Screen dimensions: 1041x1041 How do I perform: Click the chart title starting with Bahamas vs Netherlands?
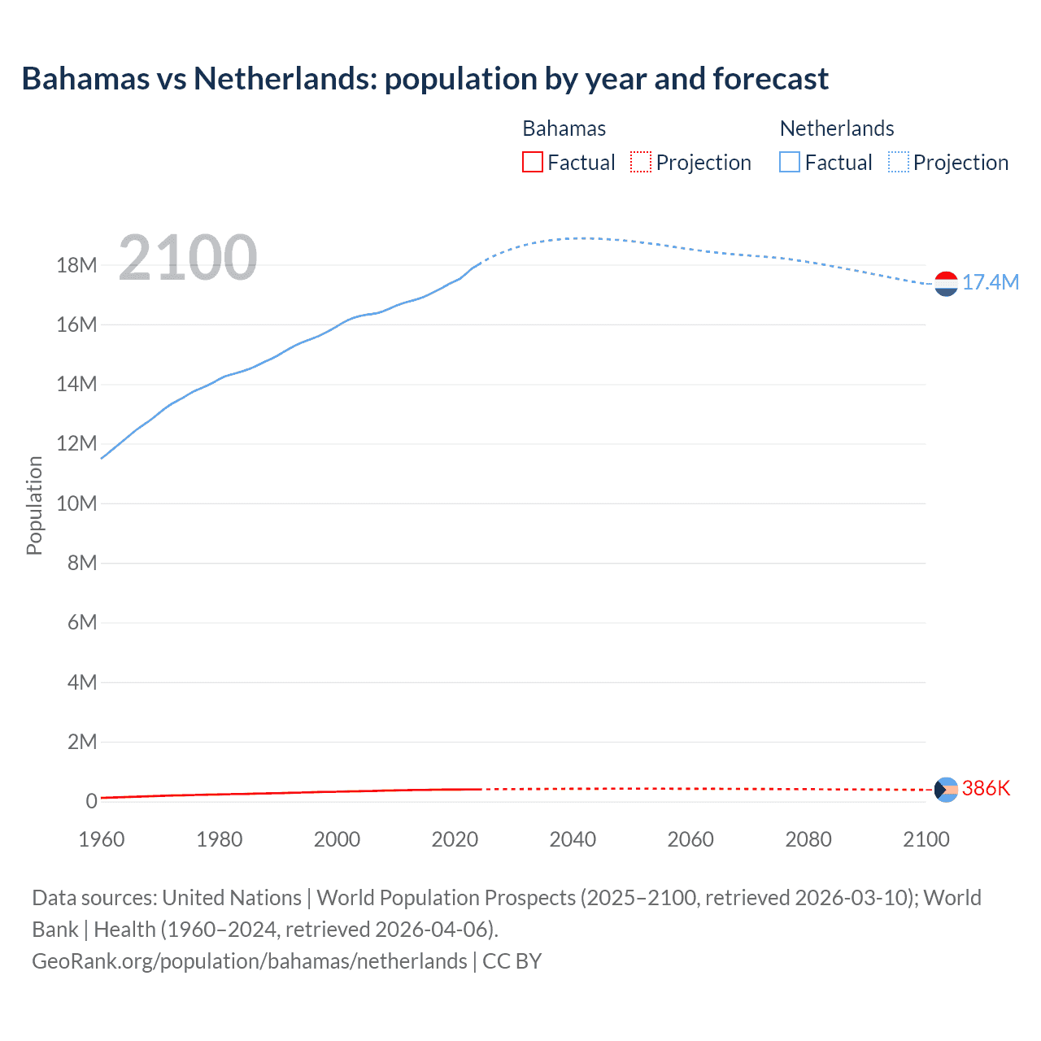coord(425,79)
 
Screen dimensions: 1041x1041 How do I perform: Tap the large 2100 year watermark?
coord(188,258)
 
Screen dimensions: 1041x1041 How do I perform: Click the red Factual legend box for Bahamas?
coord(533,163)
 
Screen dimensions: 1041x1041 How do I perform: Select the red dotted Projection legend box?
coord(641,163)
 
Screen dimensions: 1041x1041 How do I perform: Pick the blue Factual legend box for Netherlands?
coord(790,163)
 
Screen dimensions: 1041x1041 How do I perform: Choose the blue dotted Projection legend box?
coord(899,163)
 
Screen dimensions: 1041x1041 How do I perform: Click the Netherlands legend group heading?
coord(837,128)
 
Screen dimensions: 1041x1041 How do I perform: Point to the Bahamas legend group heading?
coord(564,128)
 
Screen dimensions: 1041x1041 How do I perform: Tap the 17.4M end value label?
coord(990,282)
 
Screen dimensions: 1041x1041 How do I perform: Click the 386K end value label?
coord(986,788)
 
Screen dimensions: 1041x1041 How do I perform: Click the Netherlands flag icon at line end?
coord(946,284)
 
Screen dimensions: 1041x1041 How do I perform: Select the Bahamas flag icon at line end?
coord(946,789)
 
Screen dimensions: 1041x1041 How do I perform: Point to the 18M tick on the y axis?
coord(76,265)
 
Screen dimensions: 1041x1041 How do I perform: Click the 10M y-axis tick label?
coord(76,503)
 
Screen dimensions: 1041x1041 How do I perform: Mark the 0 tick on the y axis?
coord(91,801)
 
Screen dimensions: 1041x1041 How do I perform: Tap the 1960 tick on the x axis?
coord(102,839)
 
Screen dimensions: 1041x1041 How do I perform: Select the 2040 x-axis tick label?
coord(573,839)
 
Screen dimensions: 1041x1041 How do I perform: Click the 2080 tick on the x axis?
coord(808,839)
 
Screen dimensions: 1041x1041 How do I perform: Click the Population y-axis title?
coord(34,505)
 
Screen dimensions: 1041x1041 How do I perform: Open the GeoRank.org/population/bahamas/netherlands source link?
coord(250,961)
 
